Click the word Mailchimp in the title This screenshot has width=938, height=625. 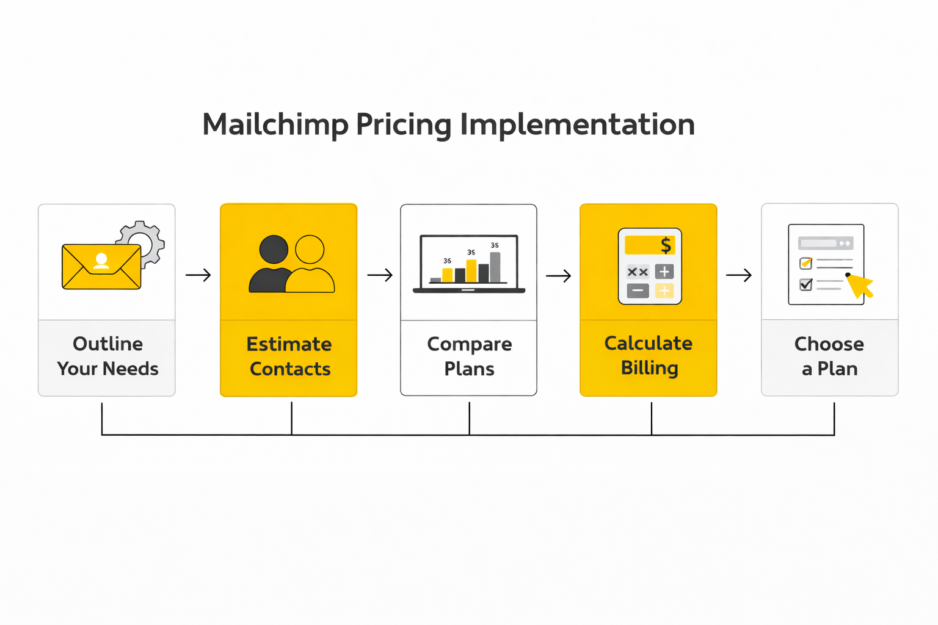point(275,125)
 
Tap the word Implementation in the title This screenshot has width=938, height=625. point(577,125)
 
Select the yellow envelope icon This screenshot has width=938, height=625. point(101,267)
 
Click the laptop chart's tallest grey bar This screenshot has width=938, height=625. point(495,267)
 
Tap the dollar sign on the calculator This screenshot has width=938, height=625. point(666,245)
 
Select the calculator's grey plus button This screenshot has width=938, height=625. point(664,272)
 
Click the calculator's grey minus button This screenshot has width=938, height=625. point(638,291)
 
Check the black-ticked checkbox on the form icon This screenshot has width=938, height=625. point(805,284)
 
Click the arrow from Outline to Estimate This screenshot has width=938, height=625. point(198,275)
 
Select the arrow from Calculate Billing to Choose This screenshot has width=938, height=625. point(738,275)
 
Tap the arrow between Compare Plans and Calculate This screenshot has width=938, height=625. point(558,276)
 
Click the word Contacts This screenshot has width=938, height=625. point(290,369)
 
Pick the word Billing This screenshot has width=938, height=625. point(649,368)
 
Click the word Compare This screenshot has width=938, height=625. point(469,344)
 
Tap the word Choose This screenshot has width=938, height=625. point(829,344)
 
